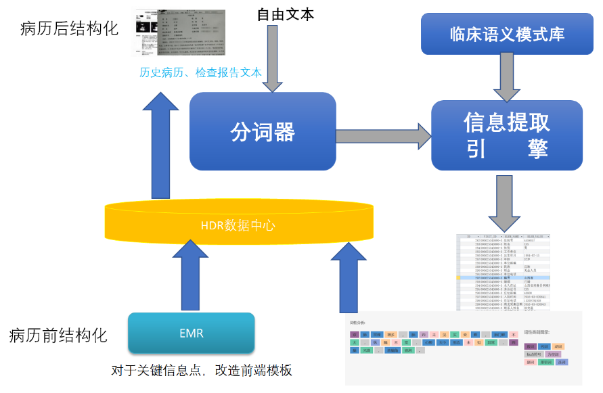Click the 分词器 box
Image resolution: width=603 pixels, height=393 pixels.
click(x=263, y=131)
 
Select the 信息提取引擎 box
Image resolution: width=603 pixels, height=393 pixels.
click(x=507, y=135)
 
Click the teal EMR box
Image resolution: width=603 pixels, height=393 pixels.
click(x=192, y=333)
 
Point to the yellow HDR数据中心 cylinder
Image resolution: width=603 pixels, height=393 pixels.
click(x=238, y=223)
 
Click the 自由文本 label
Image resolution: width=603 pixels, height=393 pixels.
click(x=285, y=14)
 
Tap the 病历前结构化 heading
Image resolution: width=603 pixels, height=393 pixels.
click(x=59, y=335)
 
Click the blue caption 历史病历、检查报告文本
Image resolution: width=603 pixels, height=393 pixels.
click(x=200, y=73)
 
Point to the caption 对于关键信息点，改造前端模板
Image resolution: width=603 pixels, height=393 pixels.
click(x=202, y=371)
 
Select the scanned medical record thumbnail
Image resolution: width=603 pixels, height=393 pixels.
click(x=179, y=32)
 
